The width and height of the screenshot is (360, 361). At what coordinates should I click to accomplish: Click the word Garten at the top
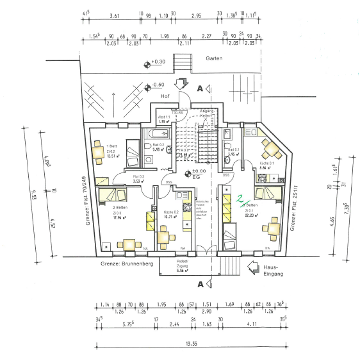[x=213, y=58]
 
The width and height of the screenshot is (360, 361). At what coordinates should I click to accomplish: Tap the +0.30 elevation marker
[x=156, y=63]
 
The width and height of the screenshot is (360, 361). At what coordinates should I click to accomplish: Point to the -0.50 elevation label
[x=158, y=85]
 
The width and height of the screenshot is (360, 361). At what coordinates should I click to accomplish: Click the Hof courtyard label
[x=165, y=96]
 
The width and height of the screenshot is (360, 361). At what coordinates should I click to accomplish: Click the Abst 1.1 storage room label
[x=164, y=117]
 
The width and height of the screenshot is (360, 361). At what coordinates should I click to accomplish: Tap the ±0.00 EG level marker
[x=199, y=174]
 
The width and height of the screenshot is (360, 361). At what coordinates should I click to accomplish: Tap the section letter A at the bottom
[x=200, y=284]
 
